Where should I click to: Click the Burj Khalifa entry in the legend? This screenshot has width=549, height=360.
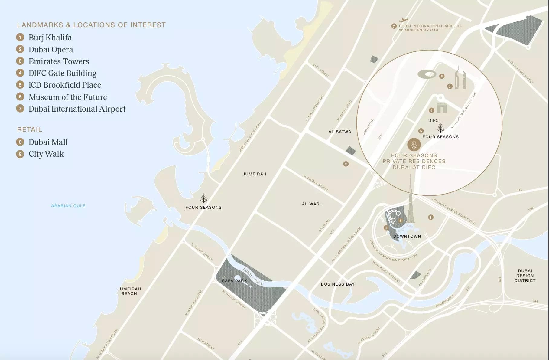[x=50, y=38]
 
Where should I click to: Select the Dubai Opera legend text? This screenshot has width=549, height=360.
[x=51, y=50]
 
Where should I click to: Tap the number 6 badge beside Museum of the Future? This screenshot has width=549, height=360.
[x=20, y=97]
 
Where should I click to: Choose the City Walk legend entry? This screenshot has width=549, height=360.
[x=46, y=154]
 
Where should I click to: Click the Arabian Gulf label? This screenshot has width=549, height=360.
[x=68, y=206]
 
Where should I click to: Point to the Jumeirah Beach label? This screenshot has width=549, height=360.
[x=129, y=291]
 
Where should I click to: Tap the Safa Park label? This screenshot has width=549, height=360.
[x=234, y=281]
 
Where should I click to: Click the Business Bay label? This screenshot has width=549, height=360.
[x=338, y=284]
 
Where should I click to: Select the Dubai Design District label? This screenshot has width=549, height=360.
[x=525, y=276]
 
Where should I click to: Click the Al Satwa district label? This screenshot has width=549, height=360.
[x=340, y=132]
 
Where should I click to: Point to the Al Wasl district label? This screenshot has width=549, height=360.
[x=312, y=204]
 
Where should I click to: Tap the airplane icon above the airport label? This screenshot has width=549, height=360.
[x=403, y=20]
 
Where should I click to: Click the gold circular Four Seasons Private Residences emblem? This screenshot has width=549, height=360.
[x=414, y=145]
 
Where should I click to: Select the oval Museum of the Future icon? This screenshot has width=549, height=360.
[x=427, y=74]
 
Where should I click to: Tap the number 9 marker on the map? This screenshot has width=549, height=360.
[x=346, y=164]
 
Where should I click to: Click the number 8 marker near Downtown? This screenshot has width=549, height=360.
[x=430, y=217]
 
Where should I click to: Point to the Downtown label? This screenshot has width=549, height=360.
[x=407, y=236]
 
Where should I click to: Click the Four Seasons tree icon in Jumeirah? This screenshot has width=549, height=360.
[x=204, y=198]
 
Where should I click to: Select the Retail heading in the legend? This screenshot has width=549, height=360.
[x=30, y=129]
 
